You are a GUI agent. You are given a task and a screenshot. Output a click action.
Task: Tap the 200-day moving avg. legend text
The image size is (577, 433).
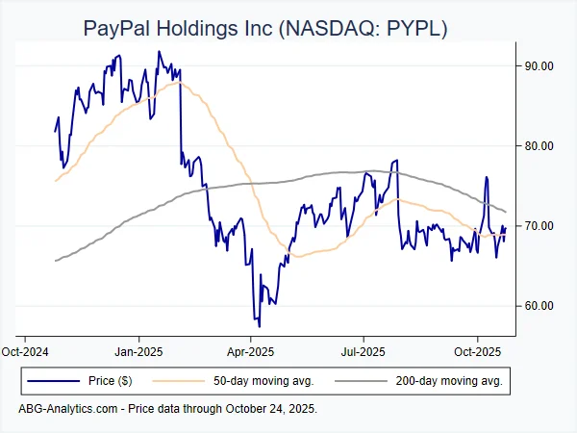[449, 381]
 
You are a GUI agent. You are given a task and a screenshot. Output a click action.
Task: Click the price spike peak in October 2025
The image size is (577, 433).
[487, 177]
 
